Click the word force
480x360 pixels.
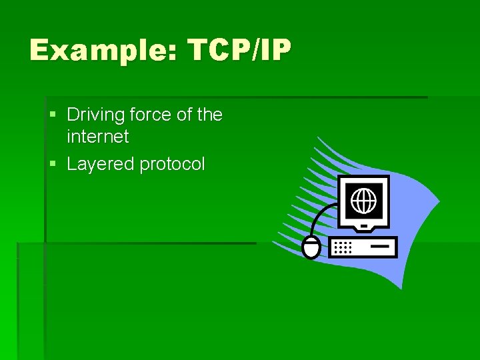[151, 115]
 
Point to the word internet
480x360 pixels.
[97, 137]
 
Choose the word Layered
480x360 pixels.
[101, 164]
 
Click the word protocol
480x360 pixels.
[172, 165]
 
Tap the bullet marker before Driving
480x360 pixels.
[53, 115]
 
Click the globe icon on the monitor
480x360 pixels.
[363, 200]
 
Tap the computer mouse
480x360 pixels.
[311, 247]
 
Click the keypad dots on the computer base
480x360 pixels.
[343, 247]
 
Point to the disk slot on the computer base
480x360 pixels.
[381, 245]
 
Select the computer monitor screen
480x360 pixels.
[363, 201]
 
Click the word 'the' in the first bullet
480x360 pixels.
[210, 115]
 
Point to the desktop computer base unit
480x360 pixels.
[363, 247]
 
